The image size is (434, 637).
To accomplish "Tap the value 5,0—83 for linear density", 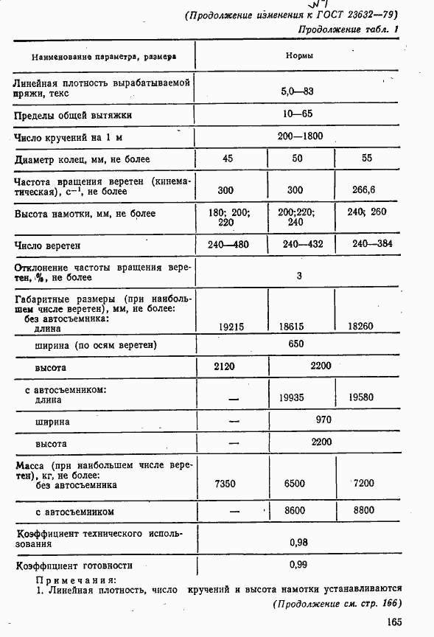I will [x=298, y=91].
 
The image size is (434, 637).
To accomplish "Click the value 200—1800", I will [x=299, y=136].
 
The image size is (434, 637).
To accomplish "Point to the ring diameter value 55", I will [x=367, y=159].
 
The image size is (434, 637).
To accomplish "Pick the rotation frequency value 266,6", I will [x=364, y=190].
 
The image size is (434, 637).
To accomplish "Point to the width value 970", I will [x=323, y=420].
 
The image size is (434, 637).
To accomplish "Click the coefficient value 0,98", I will [x=299, y=542].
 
